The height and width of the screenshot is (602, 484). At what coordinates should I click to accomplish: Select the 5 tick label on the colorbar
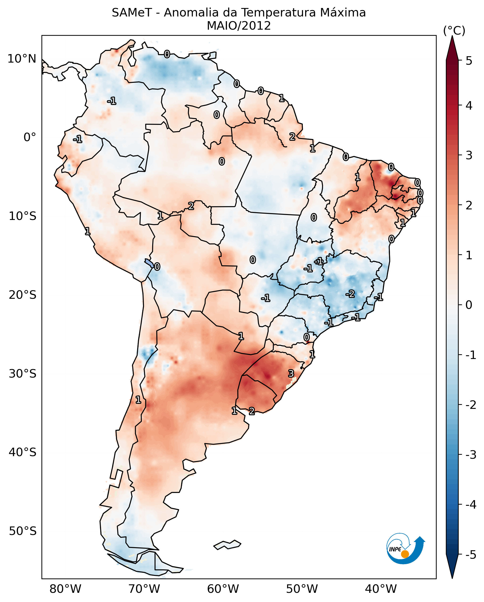point(469,61)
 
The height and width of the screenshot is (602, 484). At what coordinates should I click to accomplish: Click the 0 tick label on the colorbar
point(469,305)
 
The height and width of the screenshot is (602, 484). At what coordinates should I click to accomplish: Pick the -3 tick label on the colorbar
point(471,455)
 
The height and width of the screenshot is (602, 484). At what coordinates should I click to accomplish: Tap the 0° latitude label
point(30,137)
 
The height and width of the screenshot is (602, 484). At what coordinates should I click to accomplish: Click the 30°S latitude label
point(22,374)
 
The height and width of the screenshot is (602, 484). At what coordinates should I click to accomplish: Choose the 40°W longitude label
point(381,589)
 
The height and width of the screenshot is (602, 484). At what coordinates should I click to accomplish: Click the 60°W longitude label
point(223,589)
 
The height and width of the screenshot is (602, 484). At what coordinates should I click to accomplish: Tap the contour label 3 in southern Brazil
point(291,373)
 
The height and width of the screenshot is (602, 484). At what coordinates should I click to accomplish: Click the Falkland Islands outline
point(227,544)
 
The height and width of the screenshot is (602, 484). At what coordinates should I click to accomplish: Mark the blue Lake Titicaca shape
point(149,263)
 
